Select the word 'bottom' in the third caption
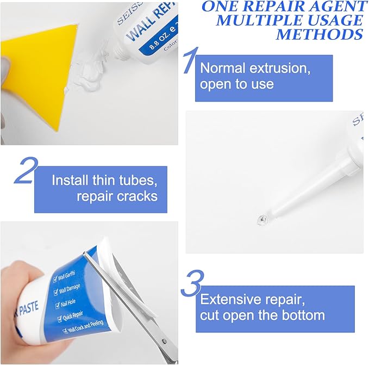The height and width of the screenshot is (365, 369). click(x=302, y=315)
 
